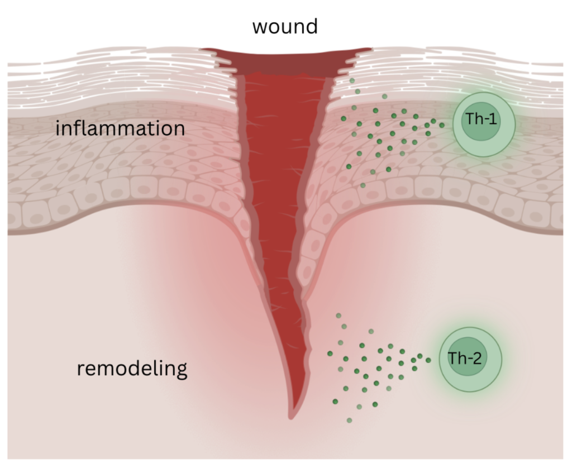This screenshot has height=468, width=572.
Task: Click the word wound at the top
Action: (x=285, y=26)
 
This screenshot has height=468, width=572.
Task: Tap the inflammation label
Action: (x=120, y=128)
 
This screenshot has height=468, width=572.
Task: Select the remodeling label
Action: (x=132, y=369)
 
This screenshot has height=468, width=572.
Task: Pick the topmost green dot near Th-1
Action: (x=352, y=80)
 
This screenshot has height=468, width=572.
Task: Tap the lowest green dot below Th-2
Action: (x=349, y=420)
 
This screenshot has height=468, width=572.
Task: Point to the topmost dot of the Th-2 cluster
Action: (x=338, y=316)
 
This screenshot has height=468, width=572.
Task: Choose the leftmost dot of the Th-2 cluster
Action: (x=330, y=353)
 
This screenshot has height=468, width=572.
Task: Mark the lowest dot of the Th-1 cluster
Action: (x=363, y=185)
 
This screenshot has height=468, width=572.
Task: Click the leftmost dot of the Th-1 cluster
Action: (x=349, y=166)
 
